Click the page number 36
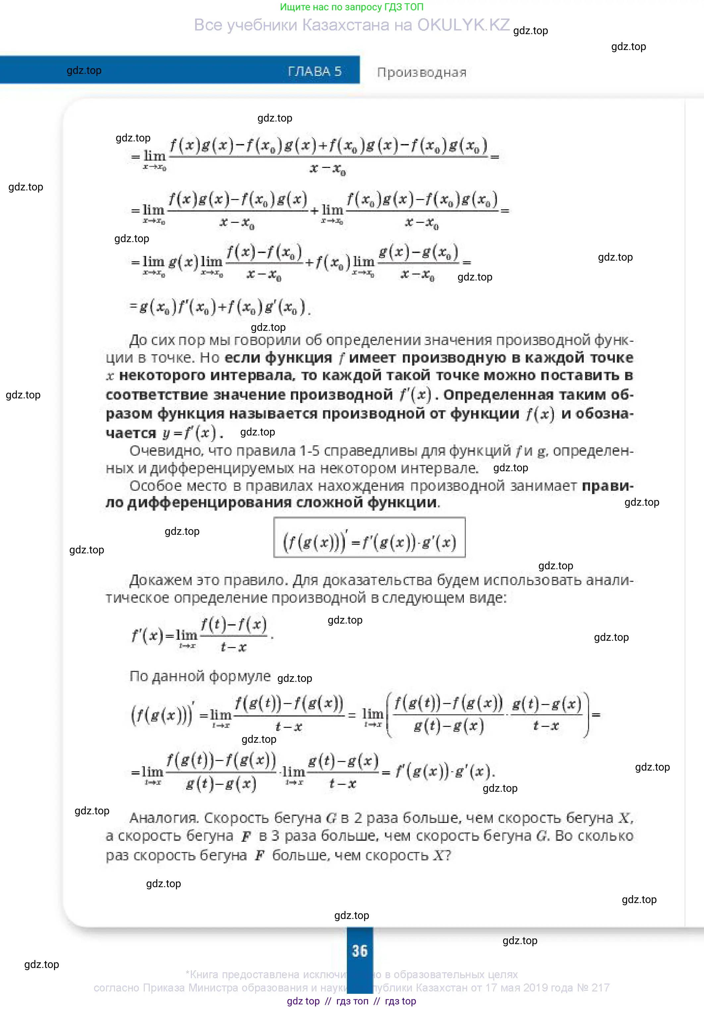click(359, 951)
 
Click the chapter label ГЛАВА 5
click(315, 71)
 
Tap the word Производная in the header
click(421, 73)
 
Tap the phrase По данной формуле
click(200, 676)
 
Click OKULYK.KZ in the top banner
click(463, 25)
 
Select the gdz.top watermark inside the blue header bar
click(84, 71)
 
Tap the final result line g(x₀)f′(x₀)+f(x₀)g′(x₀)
click(220, 307)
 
